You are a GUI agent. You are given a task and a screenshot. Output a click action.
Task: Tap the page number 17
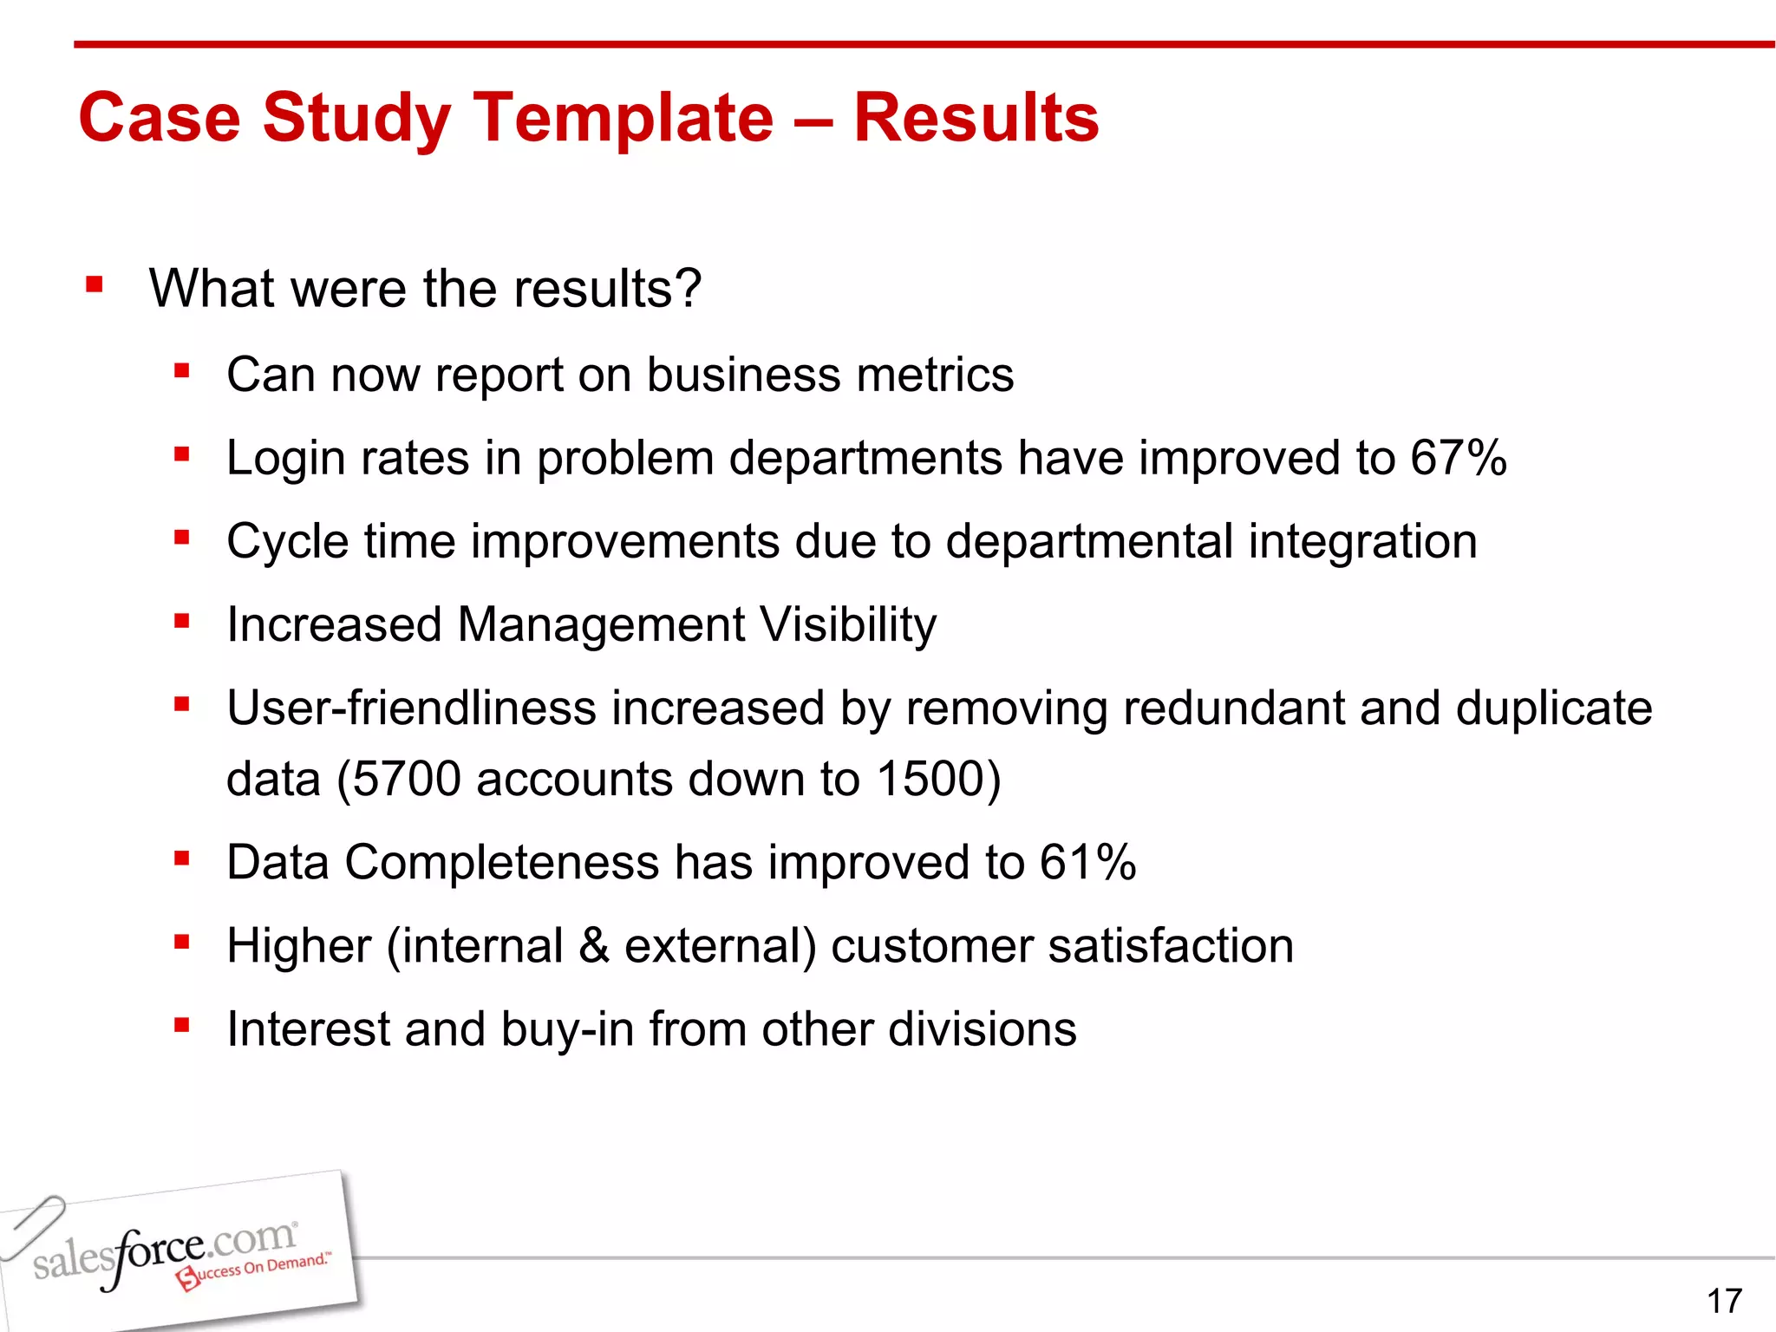[1724, 1301]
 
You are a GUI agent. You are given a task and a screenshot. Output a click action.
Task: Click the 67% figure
[1458, 458]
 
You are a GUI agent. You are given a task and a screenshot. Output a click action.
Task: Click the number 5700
[406, 779]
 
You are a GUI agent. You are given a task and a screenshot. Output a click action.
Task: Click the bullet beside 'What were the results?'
[95, 284]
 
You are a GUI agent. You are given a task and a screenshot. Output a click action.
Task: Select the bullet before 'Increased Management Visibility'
[181, 621]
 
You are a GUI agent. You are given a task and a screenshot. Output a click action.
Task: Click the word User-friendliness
[411, 708]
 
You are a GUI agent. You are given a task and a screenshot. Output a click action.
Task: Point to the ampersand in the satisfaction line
[593, 945]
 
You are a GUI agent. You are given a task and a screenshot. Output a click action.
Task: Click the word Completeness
[502, 862]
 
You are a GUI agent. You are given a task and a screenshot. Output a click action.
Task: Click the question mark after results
[687, 288]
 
